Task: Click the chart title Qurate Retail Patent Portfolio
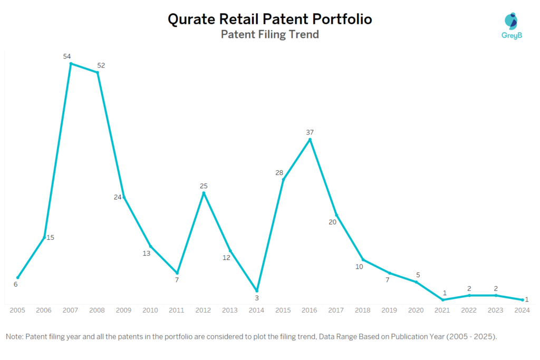tap(269, 19)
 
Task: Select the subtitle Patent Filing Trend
tap(269, 35)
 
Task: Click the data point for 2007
tap(71, 64)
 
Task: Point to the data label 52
tap(101, 65)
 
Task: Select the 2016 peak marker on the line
tap(310, 140)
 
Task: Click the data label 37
tap(310, 132)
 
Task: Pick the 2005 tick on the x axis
tap(17, 310)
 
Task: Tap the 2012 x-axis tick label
tap(204, 310)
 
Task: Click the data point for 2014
tap(257, 291)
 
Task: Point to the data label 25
tap(204, 186)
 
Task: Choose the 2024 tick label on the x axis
tap(522, 310)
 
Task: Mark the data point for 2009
tap(124, 197)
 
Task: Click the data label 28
tap(279, 173)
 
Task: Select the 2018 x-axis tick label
tap(363, 310)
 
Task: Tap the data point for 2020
tap(416, 282)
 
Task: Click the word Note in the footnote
tap(14, 336)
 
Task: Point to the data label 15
tap(51, 237)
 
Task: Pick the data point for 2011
tap(177, 273)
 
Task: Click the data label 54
tap(67, 56)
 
